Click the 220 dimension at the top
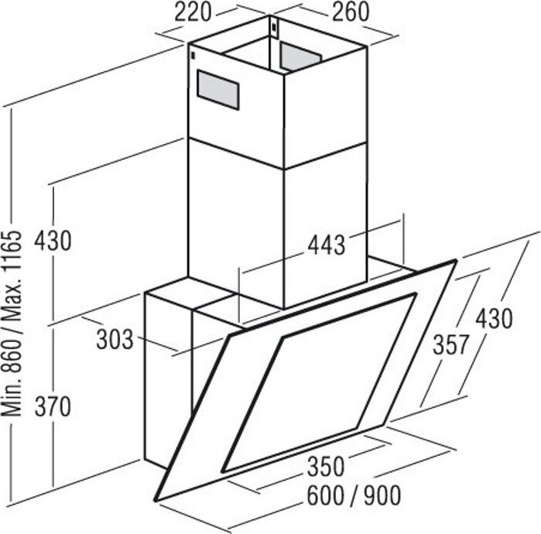193,12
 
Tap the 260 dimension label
351,12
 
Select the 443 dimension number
326,245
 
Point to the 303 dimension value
115,340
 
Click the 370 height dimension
53,407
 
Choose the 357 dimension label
451,345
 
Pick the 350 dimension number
326,467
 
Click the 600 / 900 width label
354,496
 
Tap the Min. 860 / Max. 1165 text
12,323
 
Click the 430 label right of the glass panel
494,319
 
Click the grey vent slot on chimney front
218,90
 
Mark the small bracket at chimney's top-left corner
193,55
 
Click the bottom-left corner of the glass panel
157,500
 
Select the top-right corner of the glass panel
456,261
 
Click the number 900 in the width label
382,496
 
